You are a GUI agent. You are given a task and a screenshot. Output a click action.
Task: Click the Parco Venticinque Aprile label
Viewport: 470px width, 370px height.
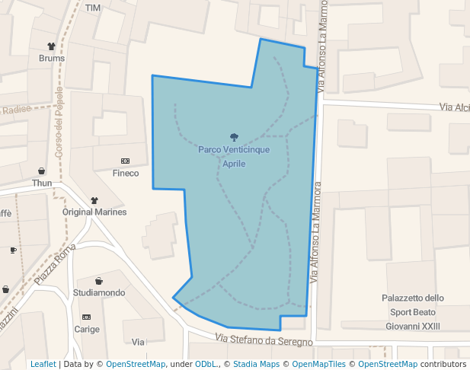coord(234,157)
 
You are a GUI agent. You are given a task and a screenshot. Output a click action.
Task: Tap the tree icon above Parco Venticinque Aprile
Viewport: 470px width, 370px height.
coord(234,137)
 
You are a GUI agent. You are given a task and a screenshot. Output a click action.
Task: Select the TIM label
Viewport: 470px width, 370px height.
coord(93,8)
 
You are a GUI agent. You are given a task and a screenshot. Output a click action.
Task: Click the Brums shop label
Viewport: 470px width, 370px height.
coord(52,58)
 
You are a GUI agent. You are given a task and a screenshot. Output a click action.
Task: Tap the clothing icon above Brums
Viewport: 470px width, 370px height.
coord(52,46)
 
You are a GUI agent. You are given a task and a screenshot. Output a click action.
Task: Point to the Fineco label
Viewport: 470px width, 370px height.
coord(126,173)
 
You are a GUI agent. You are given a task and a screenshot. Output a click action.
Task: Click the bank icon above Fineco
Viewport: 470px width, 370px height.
coord(126,161)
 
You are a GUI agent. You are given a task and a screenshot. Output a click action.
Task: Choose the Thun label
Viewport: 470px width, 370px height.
coord(42,183)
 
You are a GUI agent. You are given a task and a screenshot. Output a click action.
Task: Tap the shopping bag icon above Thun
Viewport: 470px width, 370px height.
coord(42,171)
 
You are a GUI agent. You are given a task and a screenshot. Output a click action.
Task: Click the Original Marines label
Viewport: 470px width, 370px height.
coord(94,212)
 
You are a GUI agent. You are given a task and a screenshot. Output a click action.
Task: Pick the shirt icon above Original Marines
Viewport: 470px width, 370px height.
coord(94,200)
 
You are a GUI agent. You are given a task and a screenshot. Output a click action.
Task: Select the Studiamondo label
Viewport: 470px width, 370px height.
coord(99,292)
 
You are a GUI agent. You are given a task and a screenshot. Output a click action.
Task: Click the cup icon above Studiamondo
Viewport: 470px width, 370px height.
coord(99,281)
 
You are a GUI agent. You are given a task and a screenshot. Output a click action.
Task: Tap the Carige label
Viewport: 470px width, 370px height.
coord(87,329)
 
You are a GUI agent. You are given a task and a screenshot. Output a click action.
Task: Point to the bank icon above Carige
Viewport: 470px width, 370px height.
coord(86,317)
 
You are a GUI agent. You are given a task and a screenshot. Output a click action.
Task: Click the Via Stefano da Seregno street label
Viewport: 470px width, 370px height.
coord(264,340)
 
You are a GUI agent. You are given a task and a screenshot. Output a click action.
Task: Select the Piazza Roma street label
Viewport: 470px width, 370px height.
coord(55,264)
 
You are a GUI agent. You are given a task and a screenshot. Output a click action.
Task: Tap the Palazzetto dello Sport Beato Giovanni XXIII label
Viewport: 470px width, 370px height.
coord(413,312)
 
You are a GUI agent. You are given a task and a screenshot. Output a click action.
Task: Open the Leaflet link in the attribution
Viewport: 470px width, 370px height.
coord(43,364)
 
